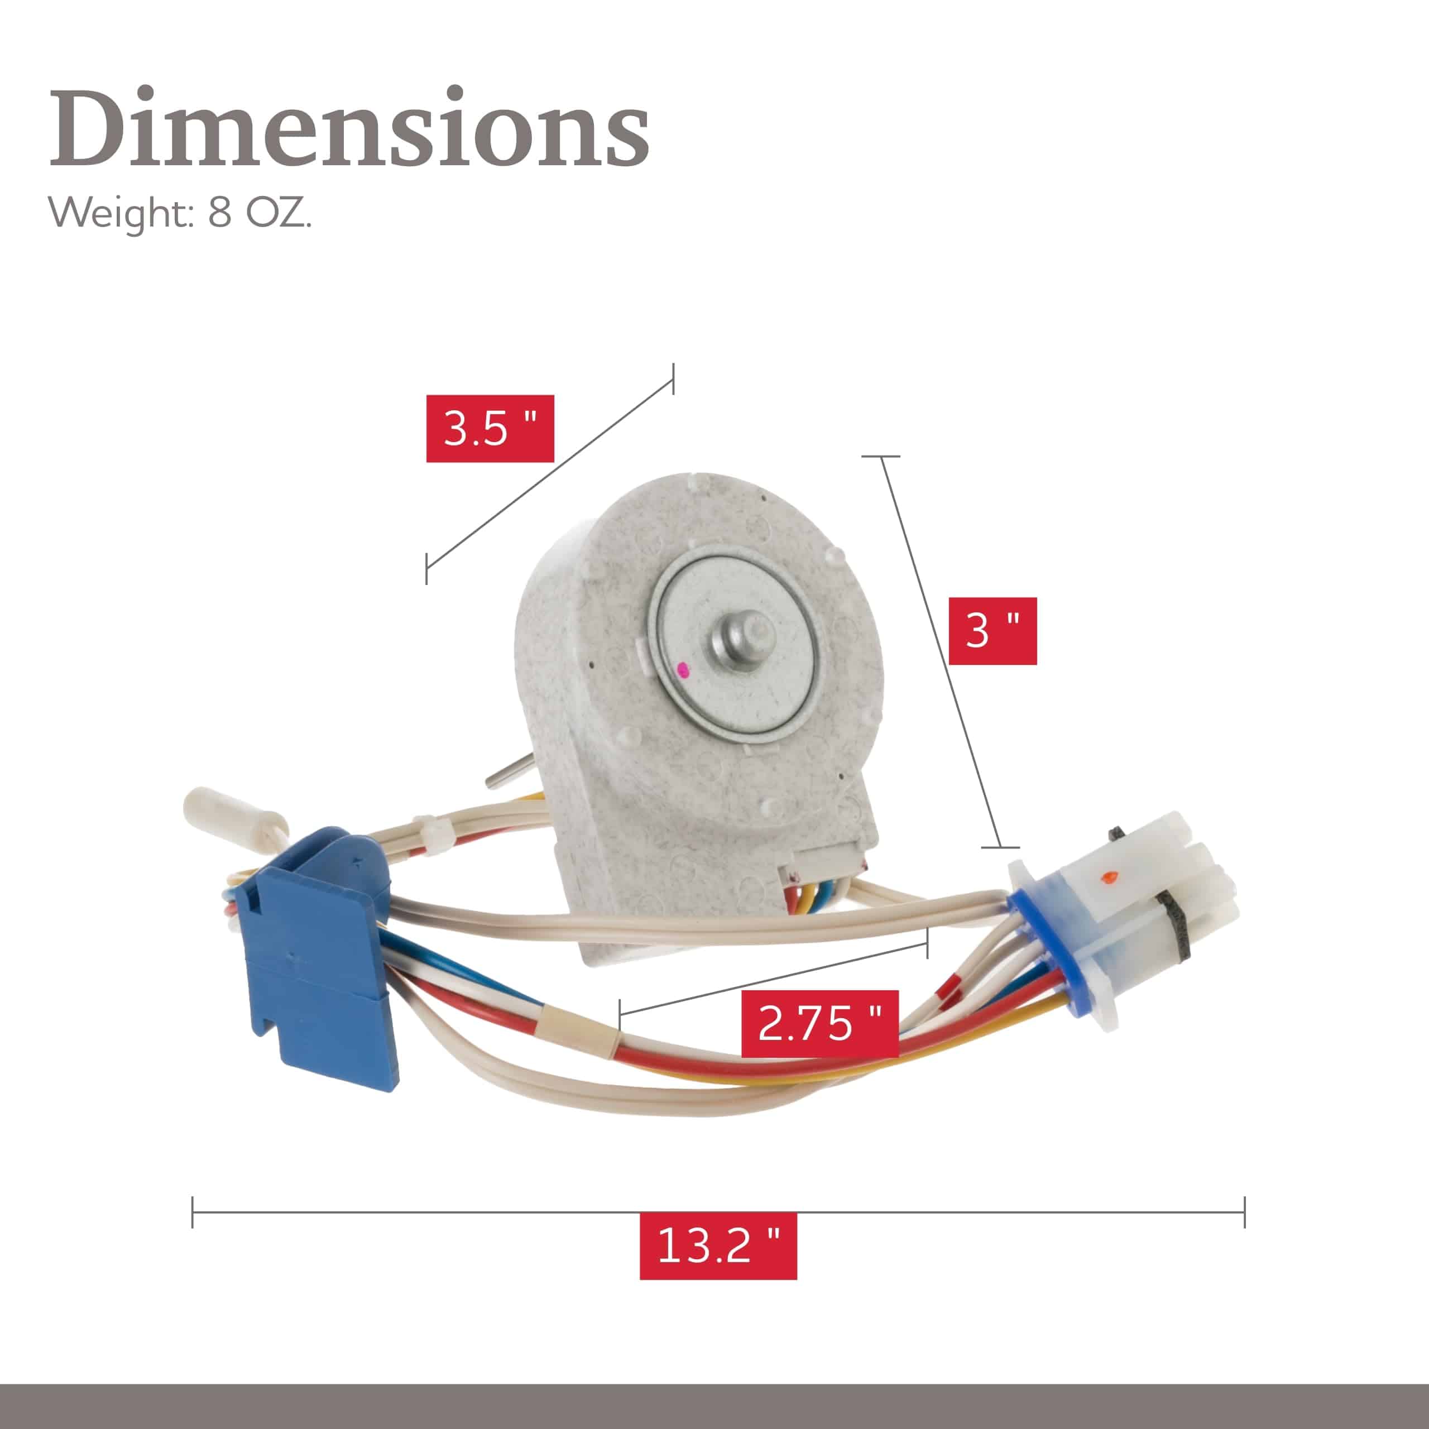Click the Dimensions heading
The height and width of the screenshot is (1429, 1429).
pos(348,127)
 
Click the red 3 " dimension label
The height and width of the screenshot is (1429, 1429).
pos(992,631)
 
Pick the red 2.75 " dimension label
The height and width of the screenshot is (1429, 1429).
pos(819,1024)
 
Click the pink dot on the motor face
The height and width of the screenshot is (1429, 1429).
pos(683,670)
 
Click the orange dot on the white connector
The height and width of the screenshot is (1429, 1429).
pos(1107,878)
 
